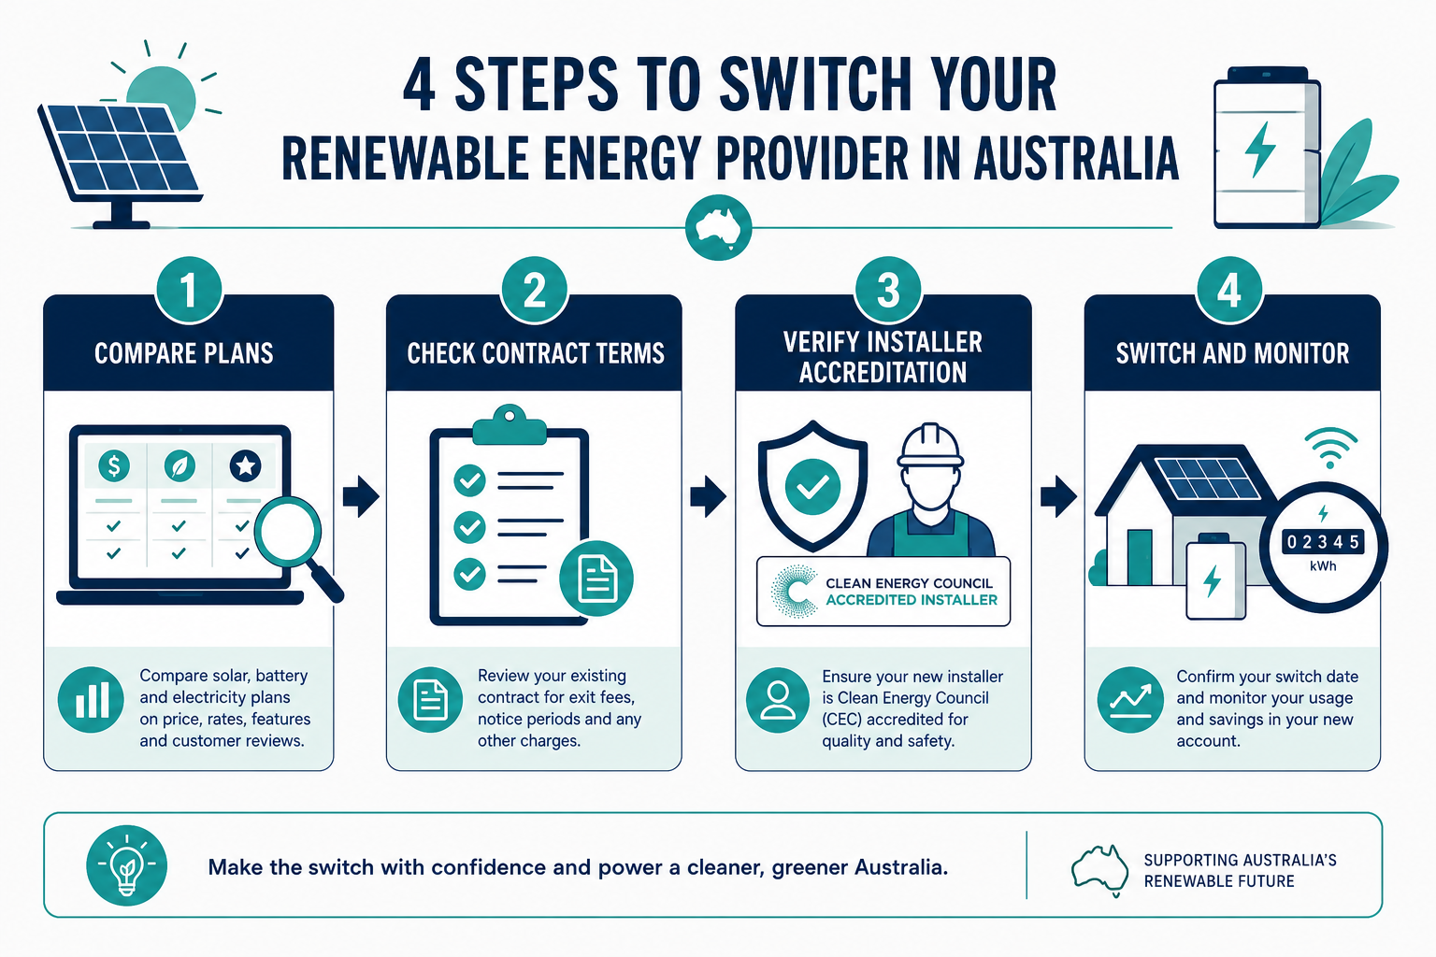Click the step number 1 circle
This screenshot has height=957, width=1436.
[x=189, y=290]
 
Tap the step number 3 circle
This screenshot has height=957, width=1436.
[x=888, y=290]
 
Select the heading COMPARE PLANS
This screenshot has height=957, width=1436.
[x=184, y=353]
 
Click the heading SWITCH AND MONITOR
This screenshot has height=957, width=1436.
[x=1232, y=353]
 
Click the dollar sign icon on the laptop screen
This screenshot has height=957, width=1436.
[x=114, y=465]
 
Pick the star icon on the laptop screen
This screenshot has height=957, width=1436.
[x=246, y=465]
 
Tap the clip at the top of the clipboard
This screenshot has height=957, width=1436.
[x=509, y=425]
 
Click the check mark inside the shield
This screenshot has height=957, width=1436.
[x=812, y=487]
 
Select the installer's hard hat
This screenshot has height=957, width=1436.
[x=930, y=444]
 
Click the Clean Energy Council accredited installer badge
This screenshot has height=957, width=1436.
[x=883, y=591]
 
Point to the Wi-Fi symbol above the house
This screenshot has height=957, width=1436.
[x=1331, y=448]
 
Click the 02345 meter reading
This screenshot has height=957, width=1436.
[x=1323, y=542]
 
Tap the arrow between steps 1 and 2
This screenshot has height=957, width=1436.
[x=361, y=496]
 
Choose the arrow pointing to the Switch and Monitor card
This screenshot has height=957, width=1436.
[x=1057, y=496]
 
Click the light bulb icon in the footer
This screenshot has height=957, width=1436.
[x=127, y=865]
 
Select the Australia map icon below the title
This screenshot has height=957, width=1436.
[x=718, y=227]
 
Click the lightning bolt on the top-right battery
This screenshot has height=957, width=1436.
[x=1259, y=150]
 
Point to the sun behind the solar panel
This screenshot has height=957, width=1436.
[x=162, y=97]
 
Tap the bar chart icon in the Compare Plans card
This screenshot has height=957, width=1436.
[x=91, y=700]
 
